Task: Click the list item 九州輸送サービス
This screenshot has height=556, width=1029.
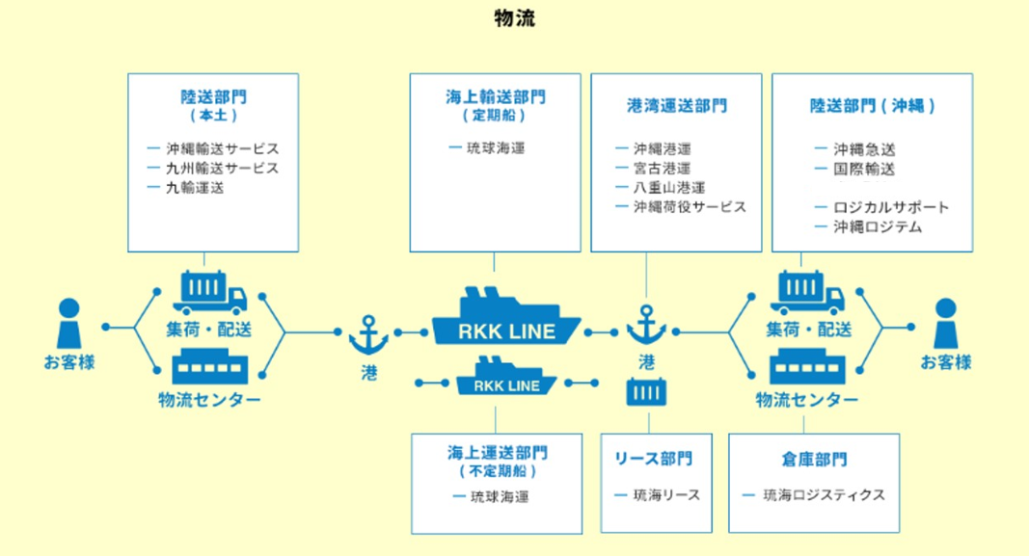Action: (x=222, y=169)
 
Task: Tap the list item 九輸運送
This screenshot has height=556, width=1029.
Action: (x=195, y=188)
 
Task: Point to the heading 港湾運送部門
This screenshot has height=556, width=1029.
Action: (x=675, y=107)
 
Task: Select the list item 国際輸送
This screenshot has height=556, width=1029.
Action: (x=866, y=170)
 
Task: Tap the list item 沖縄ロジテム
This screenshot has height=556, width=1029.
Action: (x=880, y=227)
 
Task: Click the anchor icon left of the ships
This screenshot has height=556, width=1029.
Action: (x=368, y=334)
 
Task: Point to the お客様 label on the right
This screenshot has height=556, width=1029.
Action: (x=945, y=363)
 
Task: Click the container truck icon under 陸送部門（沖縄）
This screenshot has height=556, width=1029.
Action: (x=807, y=292)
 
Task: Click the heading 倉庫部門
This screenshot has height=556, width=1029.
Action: (x=813, y=460)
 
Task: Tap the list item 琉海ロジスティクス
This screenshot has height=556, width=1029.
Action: (x=823, y=495)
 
